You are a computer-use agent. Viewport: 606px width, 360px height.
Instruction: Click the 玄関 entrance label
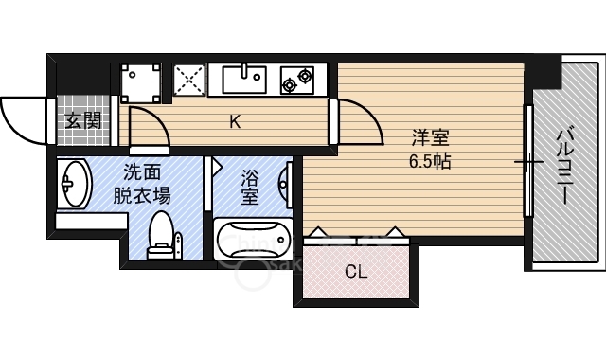(83, 120)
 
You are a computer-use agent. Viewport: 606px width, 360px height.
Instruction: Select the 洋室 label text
(429, 136)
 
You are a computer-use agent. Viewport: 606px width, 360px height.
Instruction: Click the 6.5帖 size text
(429, 161)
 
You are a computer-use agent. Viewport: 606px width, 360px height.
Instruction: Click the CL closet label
(355, 273)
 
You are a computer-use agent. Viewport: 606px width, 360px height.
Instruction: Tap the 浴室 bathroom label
(250, 187)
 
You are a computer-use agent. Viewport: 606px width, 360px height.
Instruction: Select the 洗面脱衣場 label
(142, 185)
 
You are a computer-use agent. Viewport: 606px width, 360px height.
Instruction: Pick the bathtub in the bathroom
(251, 239)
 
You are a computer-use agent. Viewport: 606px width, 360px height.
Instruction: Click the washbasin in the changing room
(73, 184)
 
